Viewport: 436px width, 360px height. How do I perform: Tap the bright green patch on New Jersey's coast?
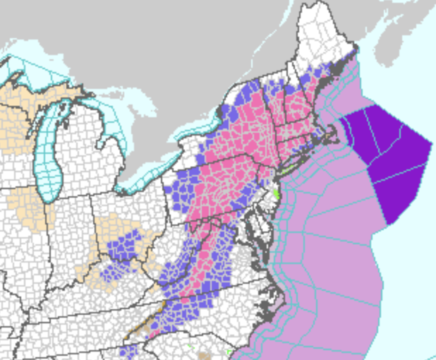click(276, 191)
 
